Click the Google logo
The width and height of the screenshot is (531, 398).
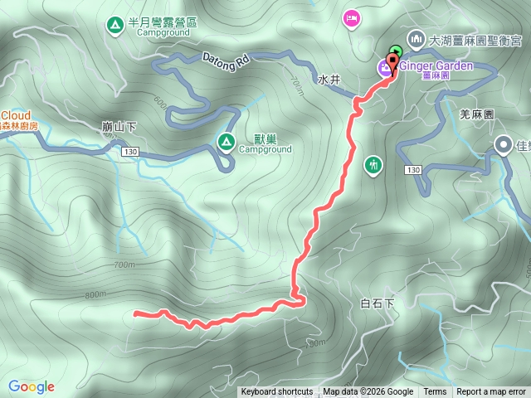point(32,386)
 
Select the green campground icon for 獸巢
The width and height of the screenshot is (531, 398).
point(225,142)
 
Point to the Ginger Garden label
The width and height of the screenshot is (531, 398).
point(436,66)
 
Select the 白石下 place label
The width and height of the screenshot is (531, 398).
point(378,303)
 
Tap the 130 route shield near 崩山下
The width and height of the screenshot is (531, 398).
point(129,153)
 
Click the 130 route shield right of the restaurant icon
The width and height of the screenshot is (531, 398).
point(413,169)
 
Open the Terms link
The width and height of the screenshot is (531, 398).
point(435,392)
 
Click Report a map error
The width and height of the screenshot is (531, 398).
point(491,392)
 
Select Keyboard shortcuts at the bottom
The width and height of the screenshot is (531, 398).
point(277,392)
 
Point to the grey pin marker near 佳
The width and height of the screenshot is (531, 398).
point(504,146)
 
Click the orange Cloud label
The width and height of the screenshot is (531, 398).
point(16,114)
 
